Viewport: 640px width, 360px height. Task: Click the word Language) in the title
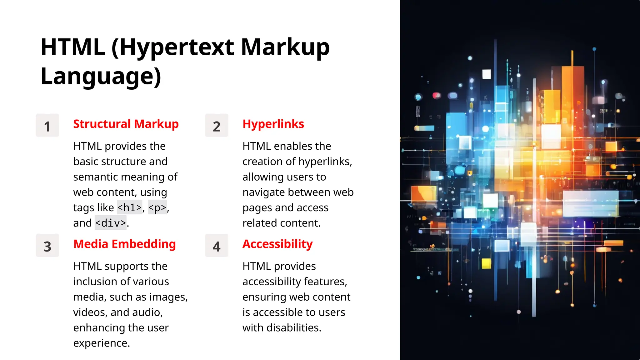[x=101, y=77]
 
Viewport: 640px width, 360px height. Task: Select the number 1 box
[x=47, y=126]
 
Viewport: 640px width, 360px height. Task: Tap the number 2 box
[x=217, y=126]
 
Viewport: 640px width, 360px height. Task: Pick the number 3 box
[x=47, y=246]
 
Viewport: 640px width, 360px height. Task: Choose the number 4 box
[x=217, y=246]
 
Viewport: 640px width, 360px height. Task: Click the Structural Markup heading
[x=126, y=124]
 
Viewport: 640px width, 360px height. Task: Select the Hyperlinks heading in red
[x=273, y=124]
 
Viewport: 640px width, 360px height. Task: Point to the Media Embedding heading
[x=124, y=244]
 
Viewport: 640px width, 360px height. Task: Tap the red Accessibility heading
[x=277, y=244]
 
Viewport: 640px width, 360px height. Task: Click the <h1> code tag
[x=129, y=207]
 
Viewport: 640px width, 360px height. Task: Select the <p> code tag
[x=157, y=207]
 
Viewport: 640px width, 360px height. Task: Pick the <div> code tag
[x=111, y=223]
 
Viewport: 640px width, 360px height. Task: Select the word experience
[x=101, y=343]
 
